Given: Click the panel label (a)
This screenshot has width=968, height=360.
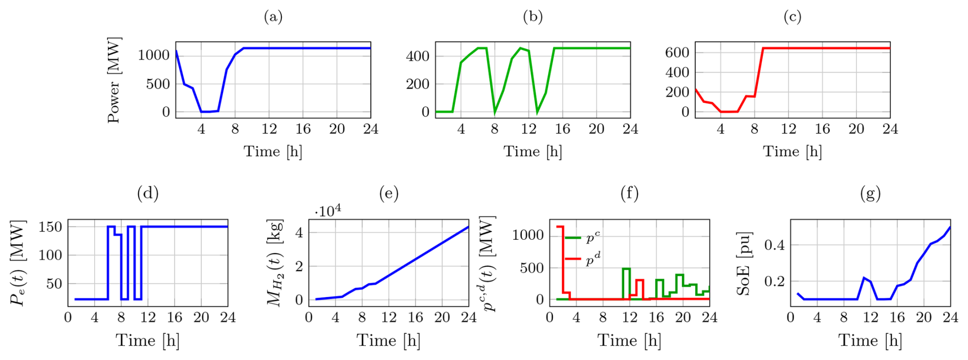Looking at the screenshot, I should point(273,17).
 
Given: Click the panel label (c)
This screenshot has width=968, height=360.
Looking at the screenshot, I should point(793,17).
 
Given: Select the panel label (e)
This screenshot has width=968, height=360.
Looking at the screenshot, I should point(389,193).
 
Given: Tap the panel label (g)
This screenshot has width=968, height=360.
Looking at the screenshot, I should point(870,193).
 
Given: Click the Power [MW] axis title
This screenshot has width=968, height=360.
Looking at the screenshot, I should point(114,80).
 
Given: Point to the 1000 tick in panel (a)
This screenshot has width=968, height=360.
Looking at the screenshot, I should point(153,55).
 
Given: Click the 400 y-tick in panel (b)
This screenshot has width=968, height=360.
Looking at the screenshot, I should point(417,56).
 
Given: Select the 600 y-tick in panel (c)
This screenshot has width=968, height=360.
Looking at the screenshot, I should point(677,52).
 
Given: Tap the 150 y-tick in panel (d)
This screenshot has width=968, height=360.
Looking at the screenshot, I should point(50,227).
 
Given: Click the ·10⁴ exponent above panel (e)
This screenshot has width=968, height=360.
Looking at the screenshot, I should point(328,211).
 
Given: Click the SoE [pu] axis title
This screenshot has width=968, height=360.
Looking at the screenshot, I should point(743,264).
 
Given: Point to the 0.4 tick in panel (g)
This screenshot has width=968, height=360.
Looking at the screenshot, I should point(774,245).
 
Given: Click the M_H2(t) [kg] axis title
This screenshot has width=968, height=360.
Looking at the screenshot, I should point(275,264).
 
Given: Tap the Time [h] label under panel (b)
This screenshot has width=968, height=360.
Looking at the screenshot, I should point(533,151).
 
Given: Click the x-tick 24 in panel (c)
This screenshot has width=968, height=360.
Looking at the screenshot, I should point(890,129).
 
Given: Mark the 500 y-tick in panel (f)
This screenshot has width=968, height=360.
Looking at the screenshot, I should point(532,268).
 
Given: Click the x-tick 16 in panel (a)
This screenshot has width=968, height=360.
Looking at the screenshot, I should point(303,129).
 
